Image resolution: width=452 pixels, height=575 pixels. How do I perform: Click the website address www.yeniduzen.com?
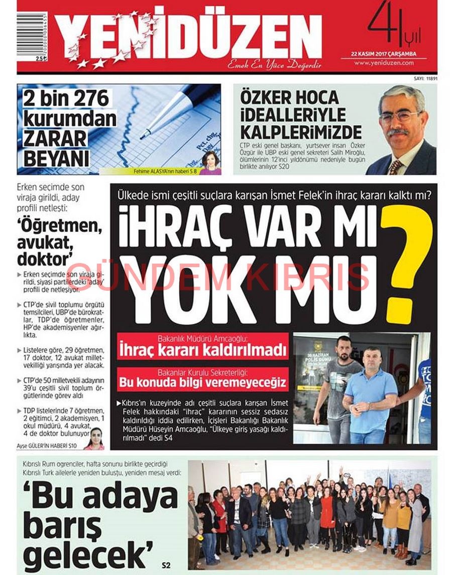click(x=383, y=63)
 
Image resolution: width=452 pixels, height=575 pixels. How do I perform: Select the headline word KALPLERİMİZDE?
click(x=301, y=132)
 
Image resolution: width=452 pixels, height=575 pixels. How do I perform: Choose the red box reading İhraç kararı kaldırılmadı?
click(x=202, y=347)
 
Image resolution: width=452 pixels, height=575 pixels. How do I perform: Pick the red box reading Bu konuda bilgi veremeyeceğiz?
click(x=202, y=380)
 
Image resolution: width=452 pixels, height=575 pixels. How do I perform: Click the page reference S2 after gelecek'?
click(x=166, y=565)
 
